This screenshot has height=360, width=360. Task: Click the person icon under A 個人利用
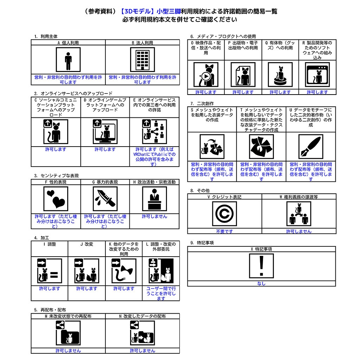[x=68, y=60]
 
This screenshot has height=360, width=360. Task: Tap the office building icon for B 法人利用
[x=142, y=60]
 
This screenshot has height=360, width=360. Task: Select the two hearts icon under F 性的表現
[x=56, y=199]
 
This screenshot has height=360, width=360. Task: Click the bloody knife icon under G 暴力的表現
[x=105, y=199]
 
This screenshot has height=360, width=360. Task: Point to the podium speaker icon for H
[x=155, y=199]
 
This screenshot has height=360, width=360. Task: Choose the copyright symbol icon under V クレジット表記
[x=224, y=214]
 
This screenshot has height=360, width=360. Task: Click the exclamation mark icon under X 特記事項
[x=262, y=266]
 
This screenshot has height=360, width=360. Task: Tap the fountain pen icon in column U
[x=311, y=147]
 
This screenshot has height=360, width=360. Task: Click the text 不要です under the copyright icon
[x=224, y=231]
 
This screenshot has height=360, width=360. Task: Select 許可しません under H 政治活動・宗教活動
[x=155, y=217]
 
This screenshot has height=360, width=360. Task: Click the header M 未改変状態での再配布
[x=68, y=316]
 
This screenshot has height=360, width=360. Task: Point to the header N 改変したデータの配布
[x=142, y=316]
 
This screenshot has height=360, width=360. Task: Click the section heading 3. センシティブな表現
[x=56, y=176]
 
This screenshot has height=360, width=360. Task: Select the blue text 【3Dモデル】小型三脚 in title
[x=150, y=11]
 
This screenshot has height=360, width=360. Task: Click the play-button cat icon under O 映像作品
[x=206, y=75]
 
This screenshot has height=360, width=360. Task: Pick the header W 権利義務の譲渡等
[x=299, y=197]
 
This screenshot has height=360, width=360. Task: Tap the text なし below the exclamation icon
[x=262, y=284]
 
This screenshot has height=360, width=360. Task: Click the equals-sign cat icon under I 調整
[x=50, y=271]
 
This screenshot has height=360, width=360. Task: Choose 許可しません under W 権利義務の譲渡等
[x=299, y=231]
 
